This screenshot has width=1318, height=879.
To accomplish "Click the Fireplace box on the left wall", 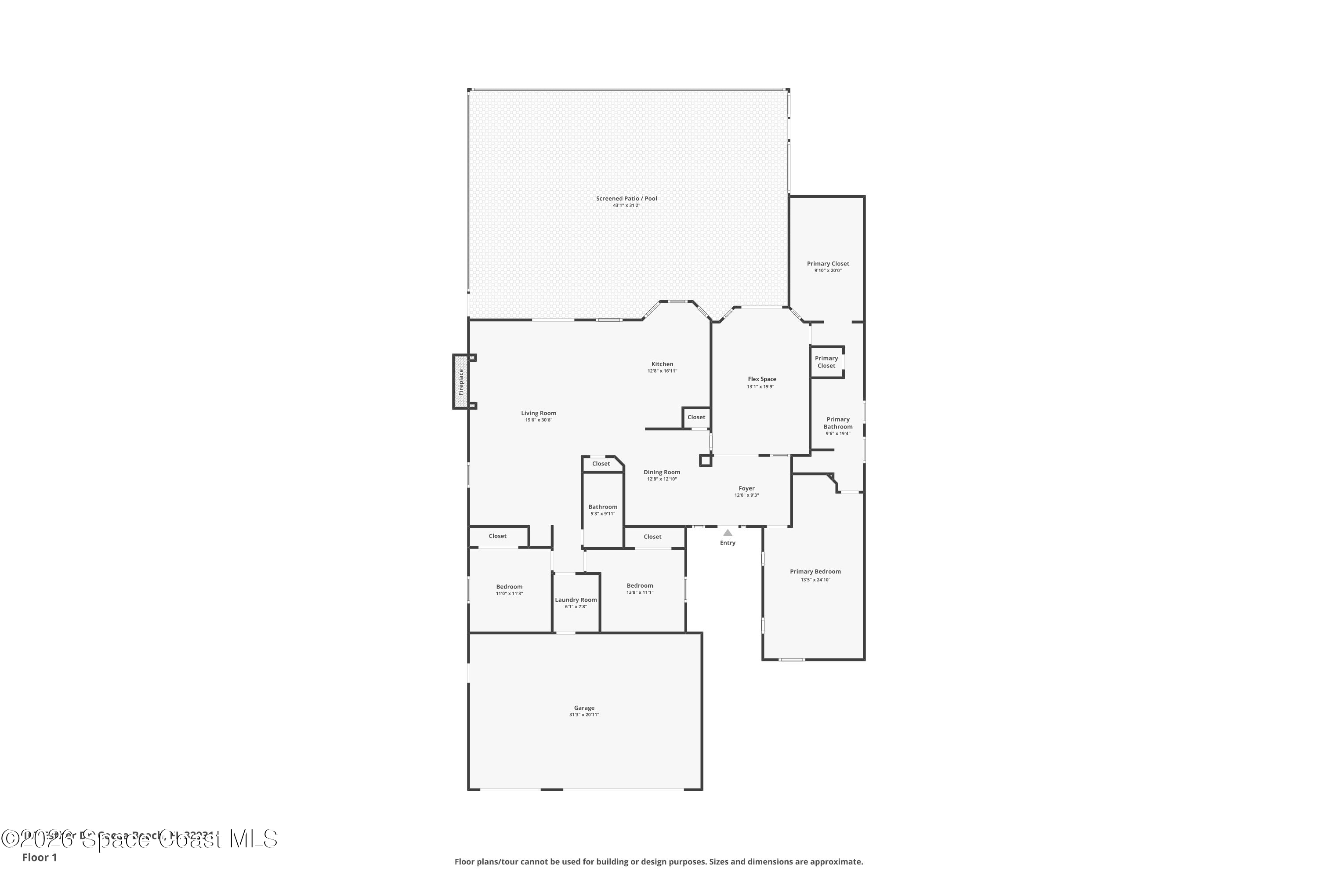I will click(x=460, y=382).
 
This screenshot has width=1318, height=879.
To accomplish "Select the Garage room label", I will click(x=584, y=708).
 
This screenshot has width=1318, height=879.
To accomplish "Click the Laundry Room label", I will click(x=576, y=600).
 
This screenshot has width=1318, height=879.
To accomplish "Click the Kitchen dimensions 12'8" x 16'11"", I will click(x=663, y=371).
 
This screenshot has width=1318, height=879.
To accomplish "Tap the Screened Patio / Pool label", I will click(x=626, y=199).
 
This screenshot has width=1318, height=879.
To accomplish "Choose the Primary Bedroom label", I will click(x=815, y=572).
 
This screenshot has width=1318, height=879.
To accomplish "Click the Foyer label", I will click(x=746, y=489).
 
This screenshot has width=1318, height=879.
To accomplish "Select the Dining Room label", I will click(x=662, y=472).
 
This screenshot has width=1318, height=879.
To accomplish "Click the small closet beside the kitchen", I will click(x=696, y=417).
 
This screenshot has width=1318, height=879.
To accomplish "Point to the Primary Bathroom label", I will click(x=838, y=423).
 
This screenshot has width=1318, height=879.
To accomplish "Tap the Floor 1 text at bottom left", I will click(x=39, y=857).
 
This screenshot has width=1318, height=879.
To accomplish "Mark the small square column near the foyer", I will click(x=706, y=461).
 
